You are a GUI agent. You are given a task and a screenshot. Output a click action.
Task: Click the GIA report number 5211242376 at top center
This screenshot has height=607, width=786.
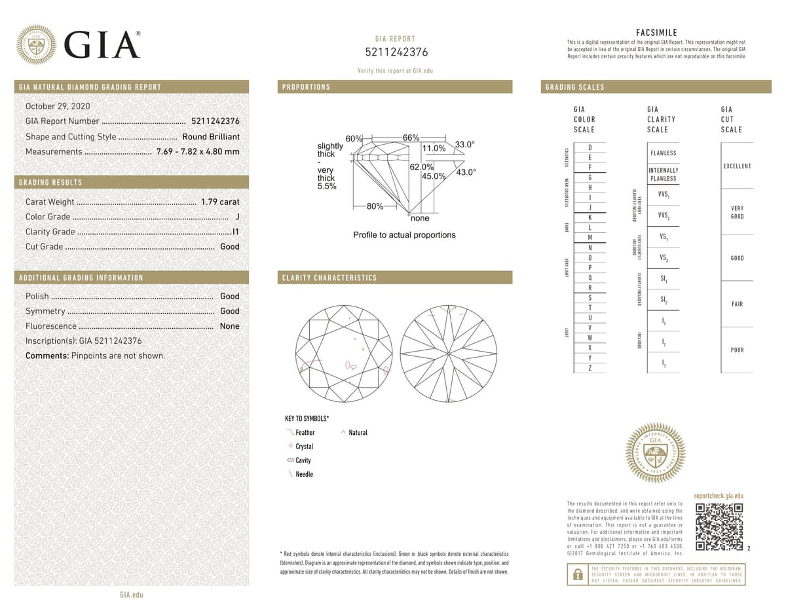[x=395, y=52]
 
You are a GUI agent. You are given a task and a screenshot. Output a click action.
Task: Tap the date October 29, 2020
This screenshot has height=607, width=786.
[x=58, y=106]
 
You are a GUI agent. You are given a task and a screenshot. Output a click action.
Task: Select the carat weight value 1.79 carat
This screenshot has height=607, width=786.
[x=220, y=202]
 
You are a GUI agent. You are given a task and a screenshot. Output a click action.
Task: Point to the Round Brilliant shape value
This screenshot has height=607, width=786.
[x=211, y=137]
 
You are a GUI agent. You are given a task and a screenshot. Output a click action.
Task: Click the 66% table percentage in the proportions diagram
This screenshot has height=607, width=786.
[x=411, y=138]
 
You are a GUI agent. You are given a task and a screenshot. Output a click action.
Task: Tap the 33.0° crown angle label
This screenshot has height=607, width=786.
[x=464, y=145]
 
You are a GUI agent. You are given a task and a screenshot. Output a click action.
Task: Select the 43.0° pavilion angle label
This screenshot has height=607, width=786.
[x=466, y=172]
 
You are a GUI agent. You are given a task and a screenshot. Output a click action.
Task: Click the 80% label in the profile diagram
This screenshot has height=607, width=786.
[x=375, y=206]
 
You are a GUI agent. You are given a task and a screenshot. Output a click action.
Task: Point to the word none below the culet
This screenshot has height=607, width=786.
[x=420, y=218]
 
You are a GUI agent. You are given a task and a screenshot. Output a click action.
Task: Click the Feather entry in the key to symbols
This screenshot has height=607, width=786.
[x=305, y=432]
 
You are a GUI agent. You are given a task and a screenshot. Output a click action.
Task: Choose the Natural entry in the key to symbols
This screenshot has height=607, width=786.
[x=358, y=432]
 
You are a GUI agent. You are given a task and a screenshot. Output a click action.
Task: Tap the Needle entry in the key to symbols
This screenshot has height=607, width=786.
[x=304, y=473]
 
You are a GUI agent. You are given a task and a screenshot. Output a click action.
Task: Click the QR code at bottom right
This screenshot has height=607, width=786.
[x=719, y=527]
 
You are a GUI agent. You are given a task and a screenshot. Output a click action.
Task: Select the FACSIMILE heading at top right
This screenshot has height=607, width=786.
[x=656, y=33]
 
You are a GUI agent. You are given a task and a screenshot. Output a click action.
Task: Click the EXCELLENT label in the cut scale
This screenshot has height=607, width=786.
[x=737, y=166]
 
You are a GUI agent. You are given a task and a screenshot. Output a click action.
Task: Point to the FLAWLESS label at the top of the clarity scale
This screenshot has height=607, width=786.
[x=663, y=153]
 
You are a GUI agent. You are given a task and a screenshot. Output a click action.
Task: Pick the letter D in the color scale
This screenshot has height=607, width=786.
[x=590, y=148]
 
